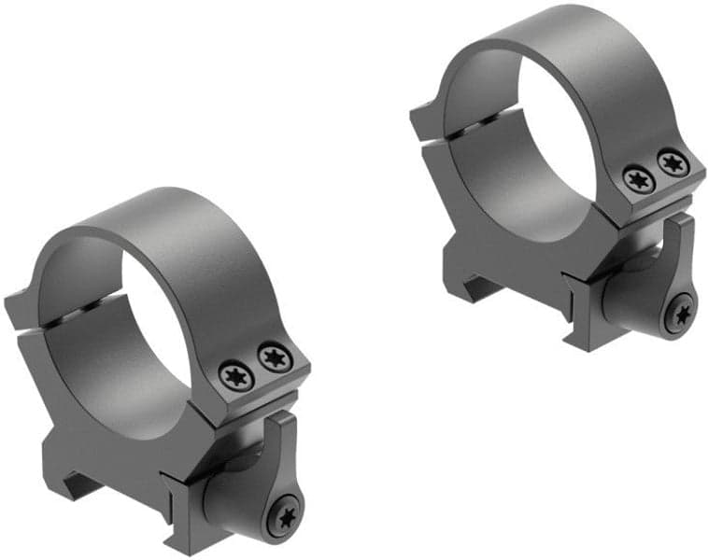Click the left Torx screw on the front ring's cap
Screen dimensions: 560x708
point(235,374)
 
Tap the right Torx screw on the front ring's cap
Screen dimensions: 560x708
point(273,356)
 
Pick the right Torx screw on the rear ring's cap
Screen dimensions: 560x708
point(672,163)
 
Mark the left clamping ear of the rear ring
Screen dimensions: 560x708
point(425,117)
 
